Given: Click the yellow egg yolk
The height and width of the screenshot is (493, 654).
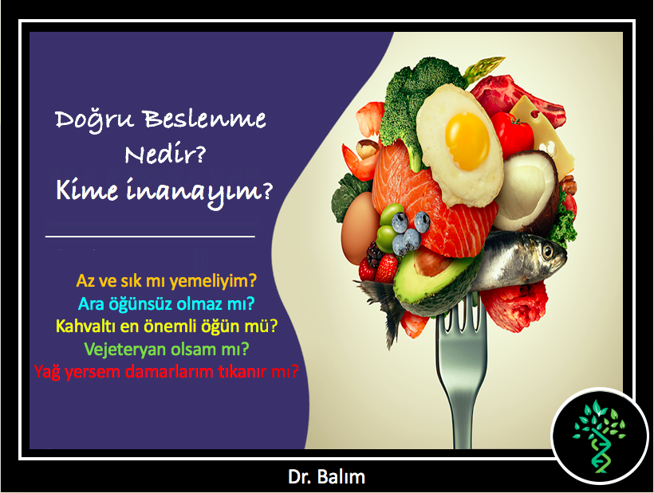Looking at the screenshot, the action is click(x=467, y=141).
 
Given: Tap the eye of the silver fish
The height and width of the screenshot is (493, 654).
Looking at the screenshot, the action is click(x=547, y=251).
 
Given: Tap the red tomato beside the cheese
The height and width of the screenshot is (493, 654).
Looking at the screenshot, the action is click(x=512, y=133).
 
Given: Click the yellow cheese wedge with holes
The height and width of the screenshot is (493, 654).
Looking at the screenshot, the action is click(x=542, y=133).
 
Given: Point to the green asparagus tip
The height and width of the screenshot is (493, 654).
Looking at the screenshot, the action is click(x=484, y=68).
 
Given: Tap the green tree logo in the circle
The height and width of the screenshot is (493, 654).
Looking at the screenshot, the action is click(x=599, y=435).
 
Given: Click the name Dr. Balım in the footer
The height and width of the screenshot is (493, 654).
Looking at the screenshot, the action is click(x=326, y=477).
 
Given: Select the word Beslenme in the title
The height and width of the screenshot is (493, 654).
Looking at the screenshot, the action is click(x=205, y=119).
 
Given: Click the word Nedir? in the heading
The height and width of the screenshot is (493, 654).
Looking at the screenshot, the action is click(x=166, y=155).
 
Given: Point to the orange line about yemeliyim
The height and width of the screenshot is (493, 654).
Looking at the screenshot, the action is click(x=167, y=281).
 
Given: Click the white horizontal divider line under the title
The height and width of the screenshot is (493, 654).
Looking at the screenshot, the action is click(x=150, y=237).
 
